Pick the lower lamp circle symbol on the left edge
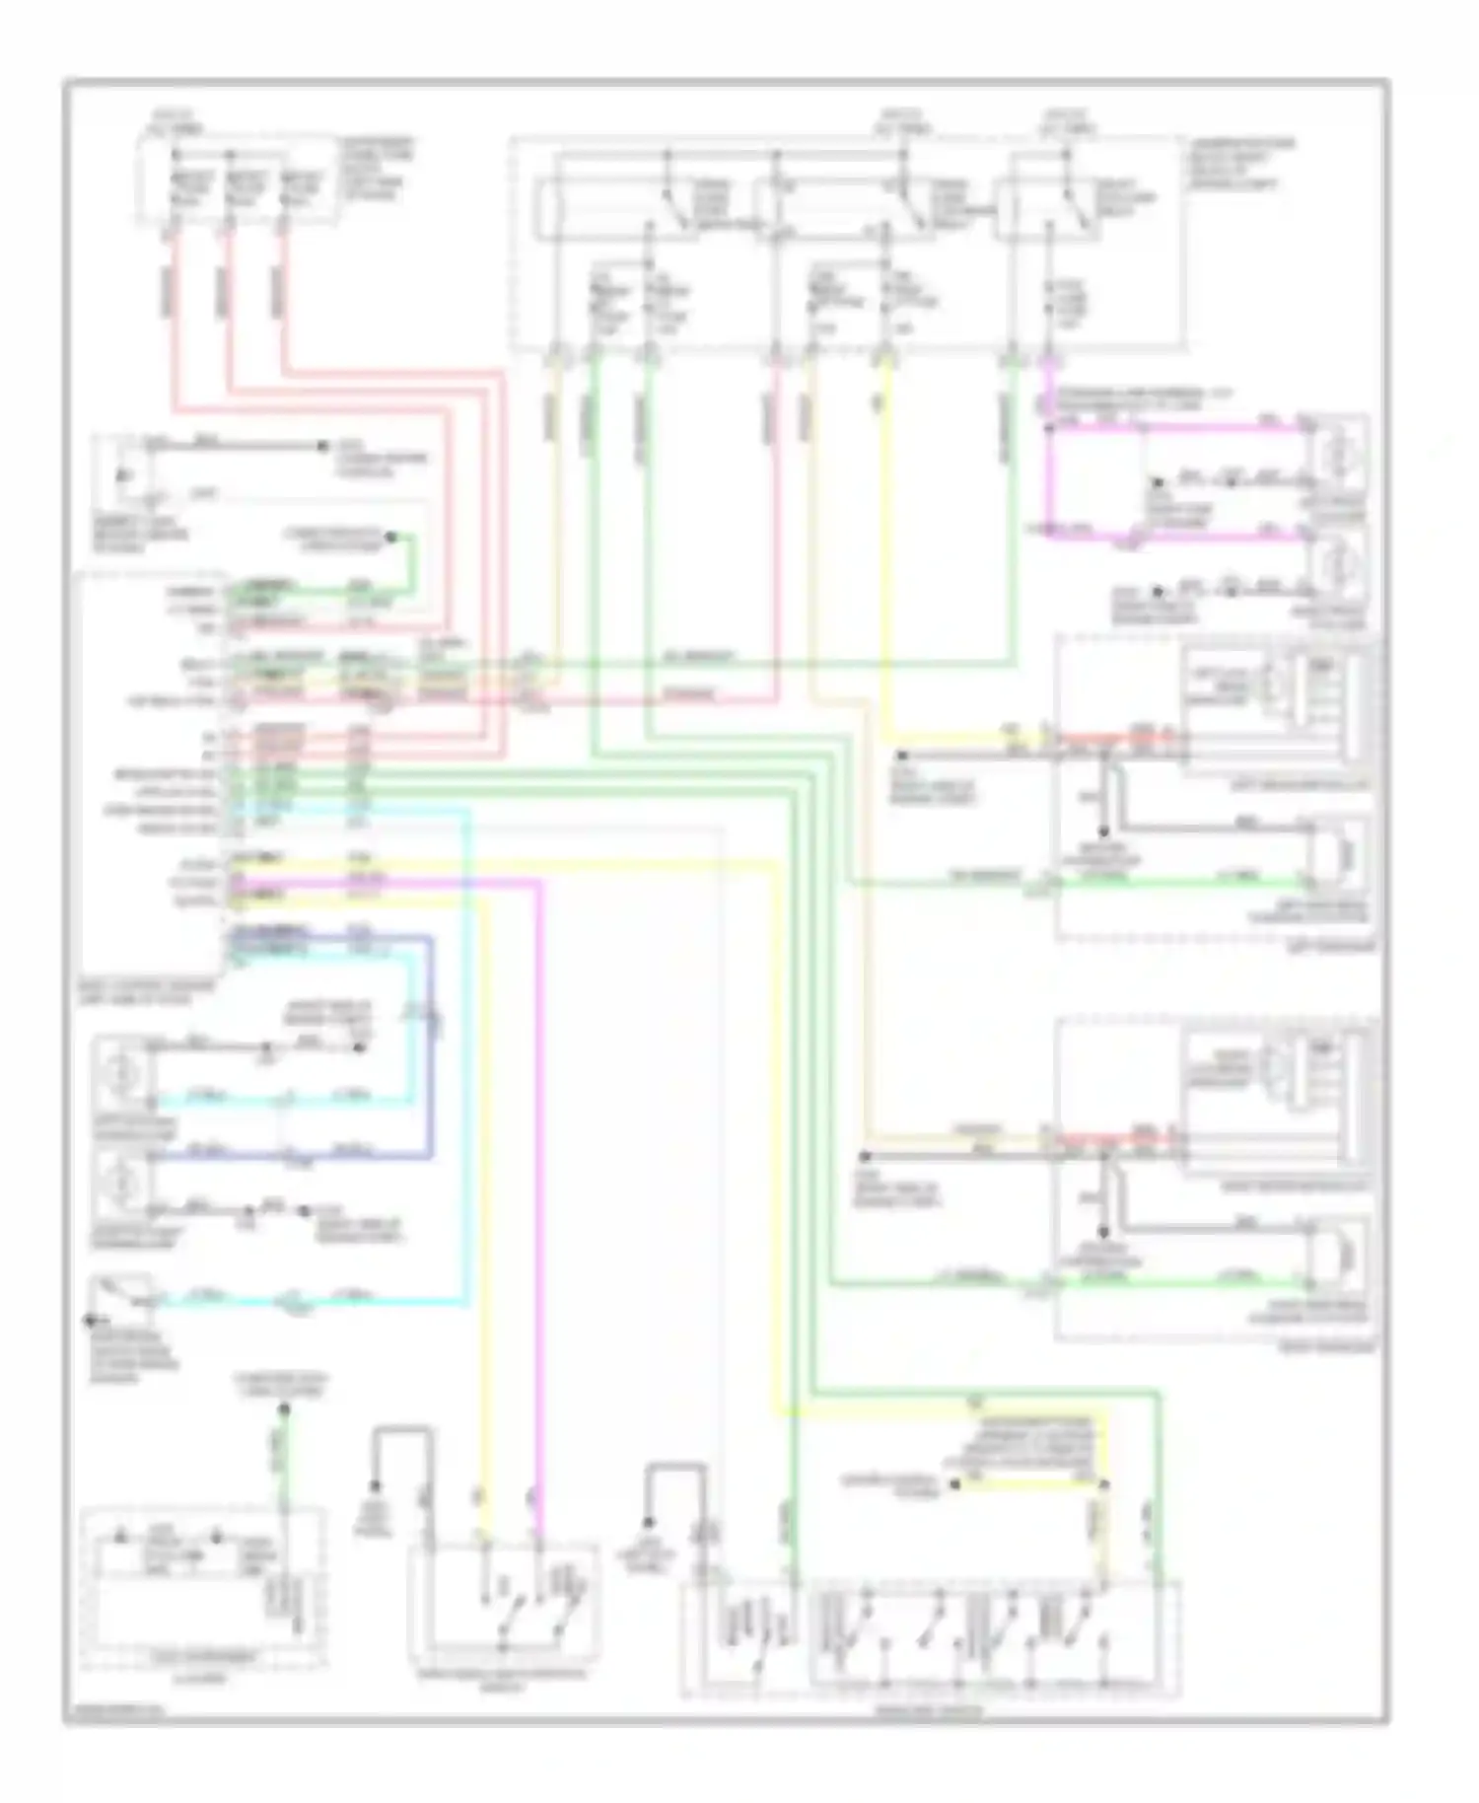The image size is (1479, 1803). pyautogui.click(x=120, y=1181)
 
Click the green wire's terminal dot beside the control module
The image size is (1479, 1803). pyautogui.click(x=390, y=538)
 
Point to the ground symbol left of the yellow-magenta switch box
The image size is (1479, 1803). pyautogui.click(x=376, y=1487)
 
